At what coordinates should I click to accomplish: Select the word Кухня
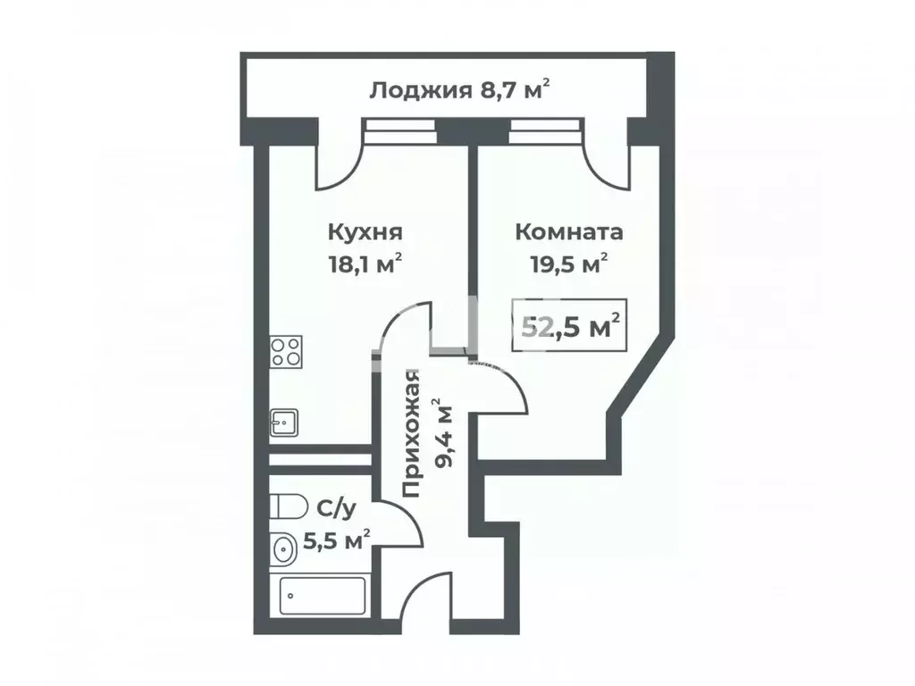[x=365, y=232]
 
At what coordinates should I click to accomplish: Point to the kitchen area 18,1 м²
[x=365, y=263]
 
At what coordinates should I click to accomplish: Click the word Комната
[x=568, y=232]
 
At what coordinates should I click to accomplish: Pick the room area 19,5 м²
[x=568, y=263]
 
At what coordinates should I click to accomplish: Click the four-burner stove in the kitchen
[x=286, y=350]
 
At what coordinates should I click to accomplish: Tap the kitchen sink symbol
[x=285, y=422]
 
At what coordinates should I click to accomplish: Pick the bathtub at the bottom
[x=323, y=595]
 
